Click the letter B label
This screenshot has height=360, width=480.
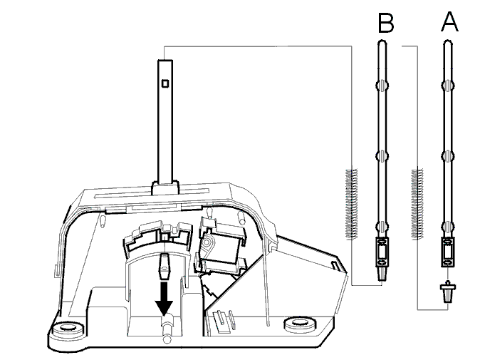pos(386,23)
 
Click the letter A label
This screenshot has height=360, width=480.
pos(449,22)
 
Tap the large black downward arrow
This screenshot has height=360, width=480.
pos(164,299)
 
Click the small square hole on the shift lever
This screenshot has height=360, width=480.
pos(165,83)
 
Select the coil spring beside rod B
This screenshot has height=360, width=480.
pos(351,205)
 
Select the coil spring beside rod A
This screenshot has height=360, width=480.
pos(417,204)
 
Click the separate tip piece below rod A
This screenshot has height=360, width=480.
pos(448,291)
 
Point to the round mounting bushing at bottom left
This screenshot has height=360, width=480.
pos(67,329)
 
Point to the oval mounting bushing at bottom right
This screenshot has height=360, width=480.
pos(299,324)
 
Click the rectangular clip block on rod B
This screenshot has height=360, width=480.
pos(382,252)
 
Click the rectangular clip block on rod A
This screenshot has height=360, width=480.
pos(448,252)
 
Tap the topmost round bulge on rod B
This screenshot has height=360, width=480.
pos(382,85)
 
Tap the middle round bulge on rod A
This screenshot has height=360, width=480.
pos(448,155)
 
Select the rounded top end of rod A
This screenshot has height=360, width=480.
pos(448,42)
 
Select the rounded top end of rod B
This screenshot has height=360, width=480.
pos(382,42)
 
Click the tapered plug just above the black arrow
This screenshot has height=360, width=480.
pos(164,266)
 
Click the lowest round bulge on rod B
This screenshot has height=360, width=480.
pos(382,227)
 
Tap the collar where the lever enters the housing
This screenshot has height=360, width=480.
pos(165,188)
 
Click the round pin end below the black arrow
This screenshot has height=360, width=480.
pos(167,339)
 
